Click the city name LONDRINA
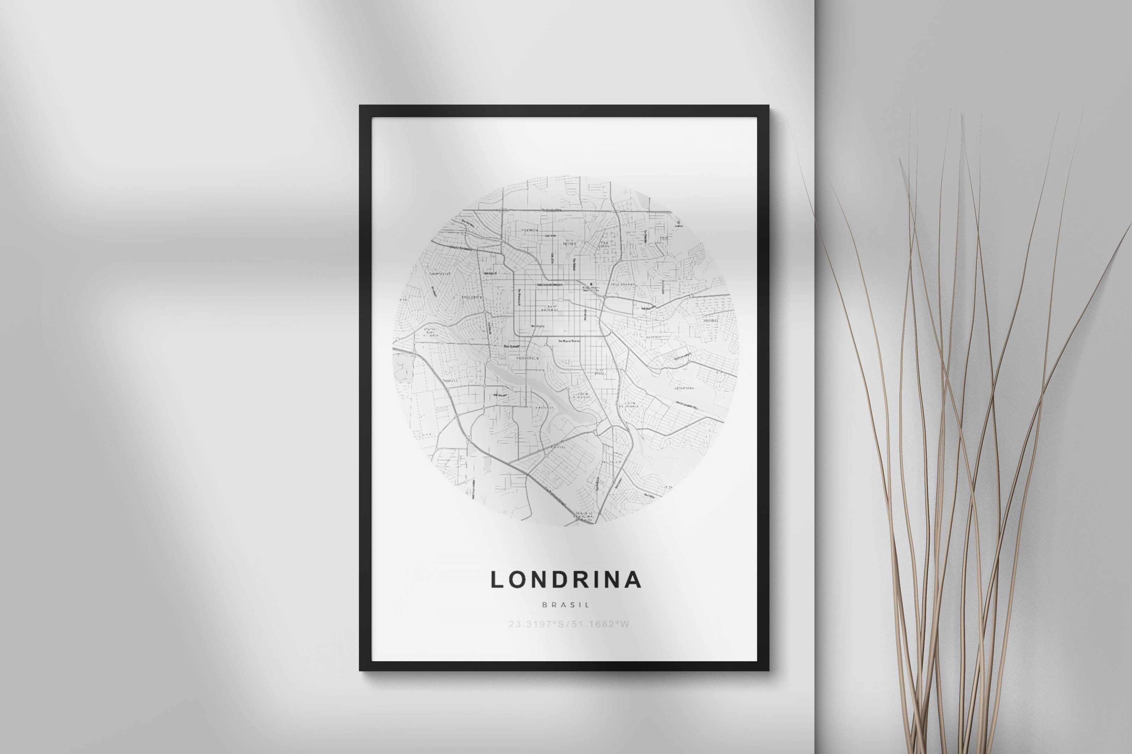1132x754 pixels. (x=566, y=580)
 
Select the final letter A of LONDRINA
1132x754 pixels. (x=634, y=580)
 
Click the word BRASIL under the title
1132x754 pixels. (x=566, y=605)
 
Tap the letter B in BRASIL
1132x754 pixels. (x=544, y=605)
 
